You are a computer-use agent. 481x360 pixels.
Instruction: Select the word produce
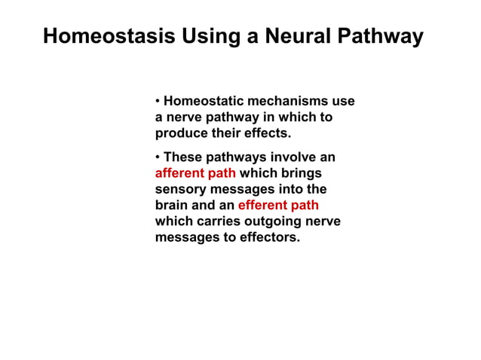tap(179, 133)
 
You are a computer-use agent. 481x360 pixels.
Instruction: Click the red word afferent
tap(179, 173)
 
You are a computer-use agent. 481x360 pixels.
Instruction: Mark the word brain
tap(172, 205)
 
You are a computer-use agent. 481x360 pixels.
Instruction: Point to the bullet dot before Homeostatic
tap(158, 102)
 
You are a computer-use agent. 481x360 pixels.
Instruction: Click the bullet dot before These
tap(158, 157)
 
